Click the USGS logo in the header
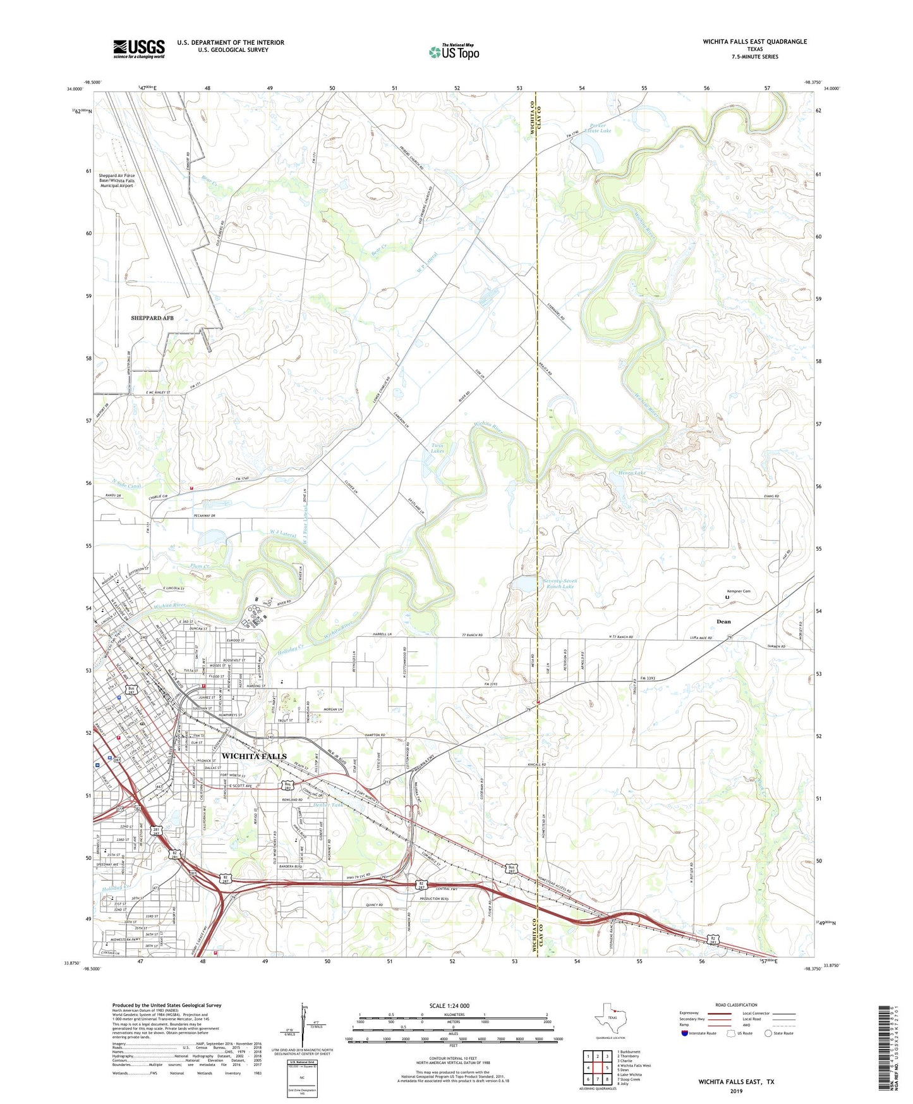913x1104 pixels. click(x=139, y=48)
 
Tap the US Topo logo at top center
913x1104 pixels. click(x=454, y=52)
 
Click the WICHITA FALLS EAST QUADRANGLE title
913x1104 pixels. click(x=754, y=42)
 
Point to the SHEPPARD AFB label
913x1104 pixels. click(x=152, y=318)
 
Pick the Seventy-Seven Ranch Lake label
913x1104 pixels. click(x=560, y=584)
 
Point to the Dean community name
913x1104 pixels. click(x=723, y=622)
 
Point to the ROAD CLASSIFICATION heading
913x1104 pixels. click(x=735, y=1005)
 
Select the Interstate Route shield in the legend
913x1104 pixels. click(x=686, y=1034)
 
